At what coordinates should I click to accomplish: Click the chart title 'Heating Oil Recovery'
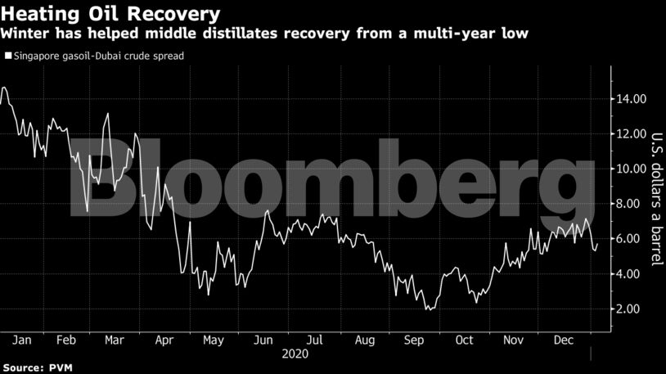(x=110, y=14)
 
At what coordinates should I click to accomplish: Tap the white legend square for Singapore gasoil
(x=7, y=56)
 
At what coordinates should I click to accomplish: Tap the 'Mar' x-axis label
(x=116, y=340)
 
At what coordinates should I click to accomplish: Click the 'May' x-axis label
(x=214, y=340)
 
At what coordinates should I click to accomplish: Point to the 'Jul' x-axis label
(x=313, y=340)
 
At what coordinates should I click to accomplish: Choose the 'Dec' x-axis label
(x=564, y=340)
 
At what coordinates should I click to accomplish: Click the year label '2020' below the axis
(x=295, y=354)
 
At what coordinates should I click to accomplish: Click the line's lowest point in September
(x=428, y=309)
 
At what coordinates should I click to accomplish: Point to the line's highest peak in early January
(x=5, y=87)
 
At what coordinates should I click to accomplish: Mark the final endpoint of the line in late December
(x=597, y=244)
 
